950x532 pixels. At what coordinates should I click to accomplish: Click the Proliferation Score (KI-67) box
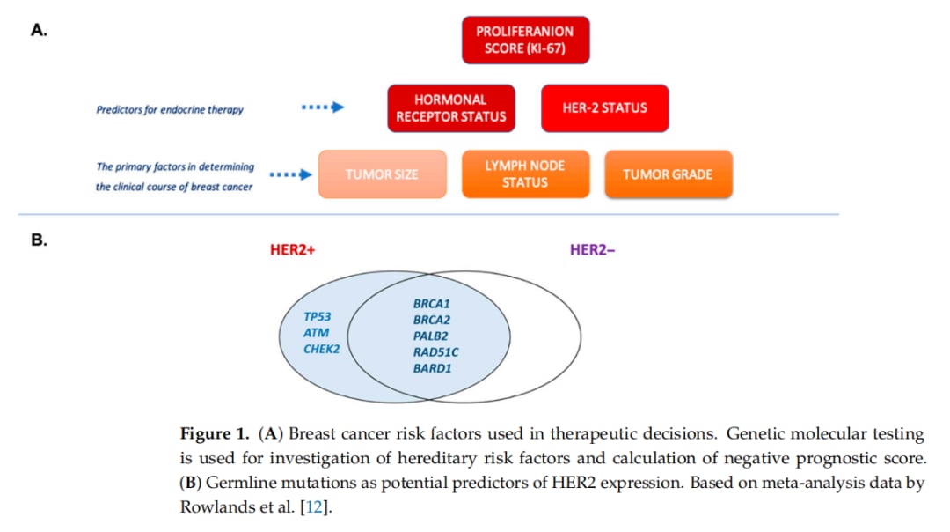(x=525, y=40)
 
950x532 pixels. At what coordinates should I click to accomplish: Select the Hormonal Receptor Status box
(x=451, y=108)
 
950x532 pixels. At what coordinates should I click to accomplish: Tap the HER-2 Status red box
(x=604, y=108)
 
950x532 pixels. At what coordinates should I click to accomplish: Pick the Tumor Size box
(x=382, y=174)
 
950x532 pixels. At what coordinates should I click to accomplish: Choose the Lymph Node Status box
(x=525, y=174)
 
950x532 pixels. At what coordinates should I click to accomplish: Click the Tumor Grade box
(x=668, y=174)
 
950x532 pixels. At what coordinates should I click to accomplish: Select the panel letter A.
(x=39, y=30)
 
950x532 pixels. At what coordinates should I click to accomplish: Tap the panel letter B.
(x=39, y=239)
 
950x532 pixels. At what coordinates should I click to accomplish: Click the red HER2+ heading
(x=292, y=250)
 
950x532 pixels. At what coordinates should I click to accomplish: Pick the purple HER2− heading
(x=593, y=250)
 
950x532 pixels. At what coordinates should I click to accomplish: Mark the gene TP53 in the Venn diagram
(x=318, y=316)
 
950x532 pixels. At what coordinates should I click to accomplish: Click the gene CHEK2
(x=322, y=349)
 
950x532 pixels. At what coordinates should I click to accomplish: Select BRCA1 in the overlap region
(x=432, y=304)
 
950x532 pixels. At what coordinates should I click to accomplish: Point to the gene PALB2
(x=432, y=336)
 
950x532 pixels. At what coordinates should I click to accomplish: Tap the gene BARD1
(x=433, y=368)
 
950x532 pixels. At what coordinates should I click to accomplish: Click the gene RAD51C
(x=436, y=352)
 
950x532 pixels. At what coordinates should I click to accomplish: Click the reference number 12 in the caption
(x=314, y=507)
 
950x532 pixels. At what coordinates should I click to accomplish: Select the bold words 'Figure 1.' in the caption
(x=216, y=434)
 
